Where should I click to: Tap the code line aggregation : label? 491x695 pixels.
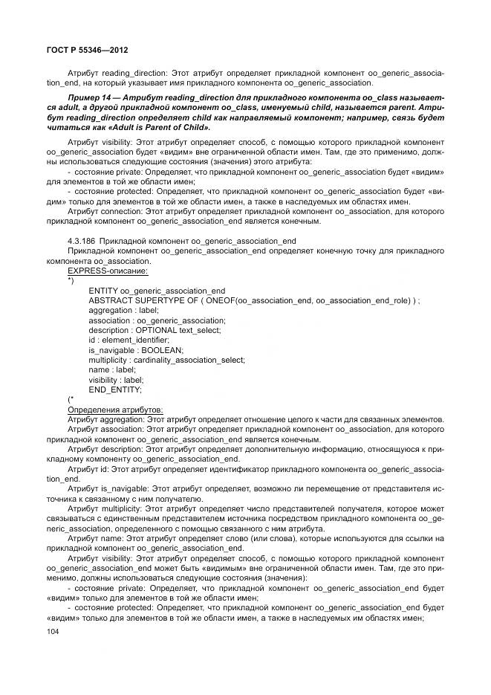coord(123,310)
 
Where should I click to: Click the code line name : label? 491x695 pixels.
coord(111,369)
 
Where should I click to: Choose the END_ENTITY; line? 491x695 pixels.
coord(114,389)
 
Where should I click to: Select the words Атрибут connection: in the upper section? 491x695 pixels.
coord(105,210)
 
